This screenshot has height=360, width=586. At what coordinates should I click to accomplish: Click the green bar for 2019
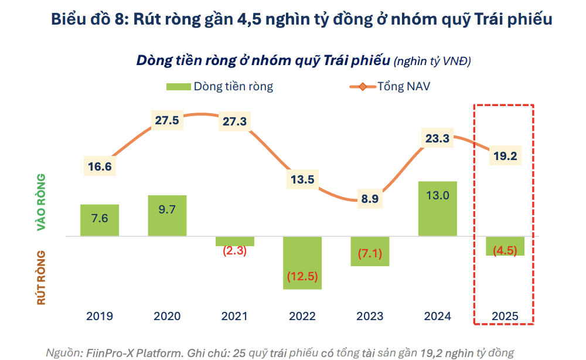point(100,220)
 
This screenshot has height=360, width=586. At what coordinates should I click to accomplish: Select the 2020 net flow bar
point(167,216)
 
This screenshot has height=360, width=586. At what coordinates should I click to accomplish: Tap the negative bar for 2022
point(302,263)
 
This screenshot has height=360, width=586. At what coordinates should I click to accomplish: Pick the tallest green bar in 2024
point(437,209)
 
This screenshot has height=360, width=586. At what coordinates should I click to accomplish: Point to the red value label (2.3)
point(234,251)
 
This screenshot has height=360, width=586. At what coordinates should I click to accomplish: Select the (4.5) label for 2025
point(505,251)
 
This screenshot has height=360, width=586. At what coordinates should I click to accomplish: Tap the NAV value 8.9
point(370,199)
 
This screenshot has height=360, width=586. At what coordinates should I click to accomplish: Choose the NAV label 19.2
point(505,157)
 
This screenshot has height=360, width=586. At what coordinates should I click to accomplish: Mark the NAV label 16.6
point(100,166)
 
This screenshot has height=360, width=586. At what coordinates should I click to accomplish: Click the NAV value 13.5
point(302,179)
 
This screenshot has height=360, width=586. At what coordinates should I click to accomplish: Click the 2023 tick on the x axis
point(370,316)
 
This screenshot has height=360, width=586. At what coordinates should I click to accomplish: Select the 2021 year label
point(234,316)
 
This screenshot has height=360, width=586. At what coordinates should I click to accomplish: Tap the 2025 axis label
point(505,316)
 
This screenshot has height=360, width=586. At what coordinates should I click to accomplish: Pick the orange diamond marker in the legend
point(362,87)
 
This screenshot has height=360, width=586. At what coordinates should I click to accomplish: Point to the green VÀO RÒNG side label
point(42,202)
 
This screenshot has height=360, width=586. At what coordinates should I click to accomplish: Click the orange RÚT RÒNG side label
point(42,277)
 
